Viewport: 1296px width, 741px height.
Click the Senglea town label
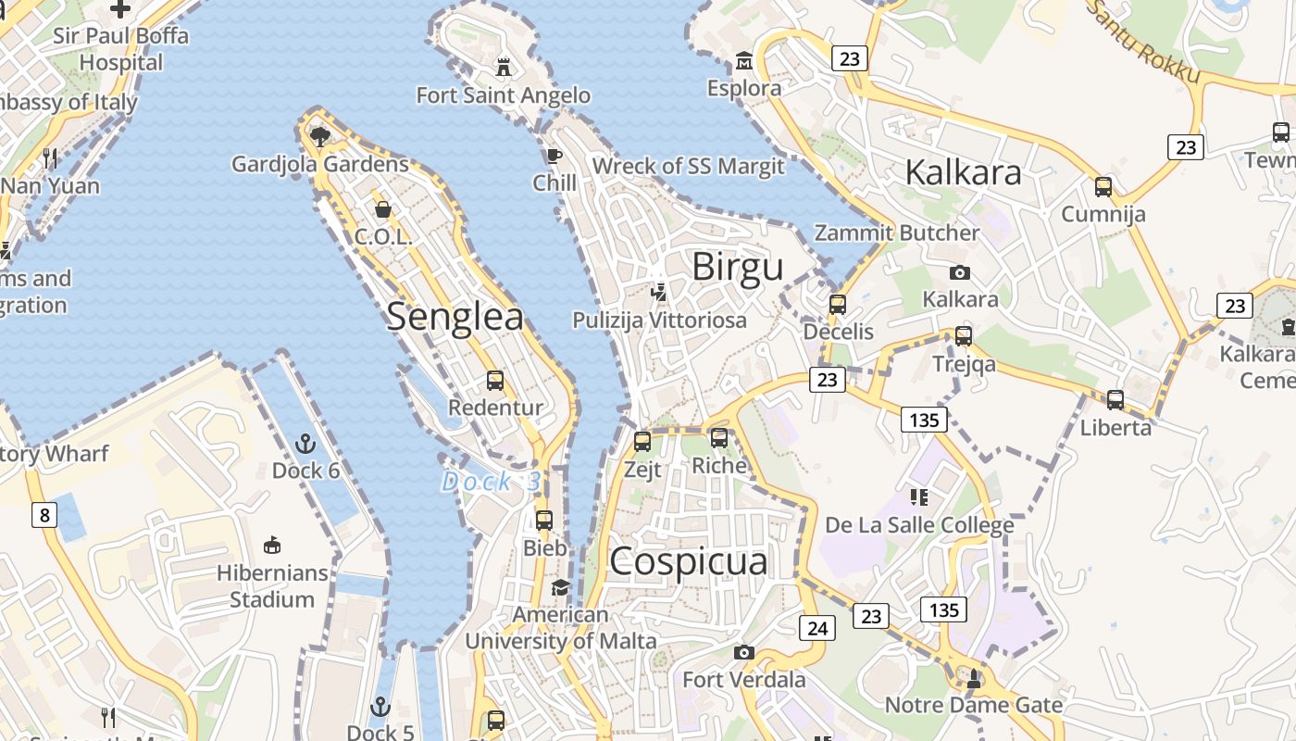point(455,317)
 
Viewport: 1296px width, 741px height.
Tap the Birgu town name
point(738,267)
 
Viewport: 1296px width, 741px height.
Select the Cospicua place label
point(689,561)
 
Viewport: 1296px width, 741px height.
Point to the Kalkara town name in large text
point(963,171)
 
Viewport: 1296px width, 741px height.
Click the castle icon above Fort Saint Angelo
point(504,68)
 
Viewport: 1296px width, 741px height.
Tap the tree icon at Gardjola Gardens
point(320,137)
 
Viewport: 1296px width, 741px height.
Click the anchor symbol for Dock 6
point(305,444)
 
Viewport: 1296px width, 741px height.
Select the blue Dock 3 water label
point(491,482)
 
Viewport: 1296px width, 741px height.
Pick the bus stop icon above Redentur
point(495,381)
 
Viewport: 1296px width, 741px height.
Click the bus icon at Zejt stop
point(642,442)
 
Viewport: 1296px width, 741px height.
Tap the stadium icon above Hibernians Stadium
point(272,546)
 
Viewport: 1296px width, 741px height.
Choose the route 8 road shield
point(44,514)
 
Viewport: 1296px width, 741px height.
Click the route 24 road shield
point(817,628)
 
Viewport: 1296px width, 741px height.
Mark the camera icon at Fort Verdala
point(743,653)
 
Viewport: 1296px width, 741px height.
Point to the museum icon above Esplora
point(743,62)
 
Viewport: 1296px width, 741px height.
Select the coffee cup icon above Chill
point(555,156)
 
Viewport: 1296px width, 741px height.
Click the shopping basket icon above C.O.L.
point(383,209)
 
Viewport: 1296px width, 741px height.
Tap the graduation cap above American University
point(560,587)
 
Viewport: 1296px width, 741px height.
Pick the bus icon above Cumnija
point(1103,187)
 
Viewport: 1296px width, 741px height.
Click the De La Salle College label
point(919,525)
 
